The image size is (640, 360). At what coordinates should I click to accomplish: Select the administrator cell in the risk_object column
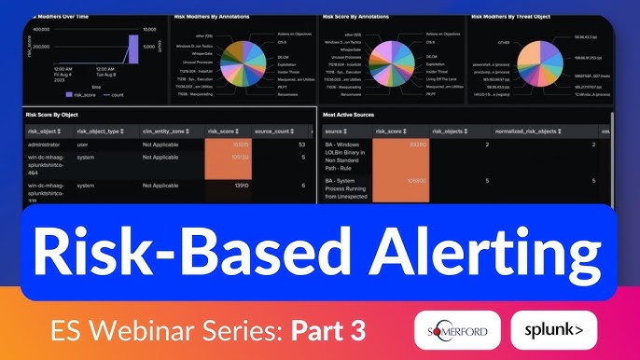pos(49,145)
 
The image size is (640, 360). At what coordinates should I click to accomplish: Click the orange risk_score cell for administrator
pos(228,145)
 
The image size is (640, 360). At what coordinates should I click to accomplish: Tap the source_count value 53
pos(301,145)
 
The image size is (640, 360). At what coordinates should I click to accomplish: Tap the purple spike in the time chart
pos(132,49)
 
